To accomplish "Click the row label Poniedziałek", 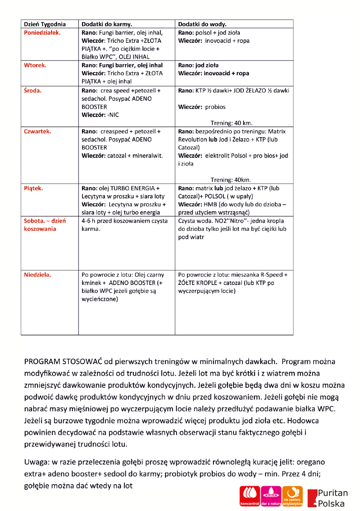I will coord(43,32).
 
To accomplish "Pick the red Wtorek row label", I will coord(35,65).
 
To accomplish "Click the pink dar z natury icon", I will coord(272,496).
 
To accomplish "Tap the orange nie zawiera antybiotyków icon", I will coord(293,496).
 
